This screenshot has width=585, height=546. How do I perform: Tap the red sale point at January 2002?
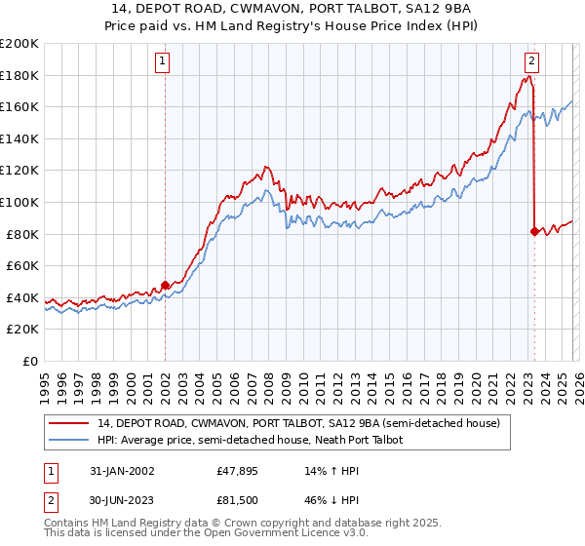(165, 285)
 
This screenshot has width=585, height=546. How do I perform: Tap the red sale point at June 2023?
(534, 231)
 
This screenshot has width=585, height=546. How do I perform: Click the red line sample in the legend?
(69, 423)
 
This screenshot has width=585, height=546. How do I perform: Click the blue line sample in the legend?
(69, 440)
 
